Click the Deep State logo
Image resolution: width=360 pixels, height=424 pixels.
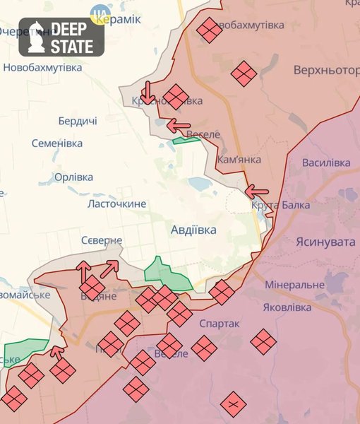pyautogui.click(x=61, y=37)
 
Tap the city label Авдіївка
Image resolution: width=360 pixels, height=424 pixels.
pyautogui.click(x=193, y=230)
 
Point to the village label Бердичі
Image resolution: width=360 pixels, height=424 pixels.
pyautogui.click(x=78, y=121)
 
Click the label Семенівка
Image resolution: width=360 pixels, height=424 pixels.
pyautogui.click(x=57, y=143)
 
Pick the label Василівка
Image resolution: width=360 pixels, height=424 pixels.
pyautogui.click(x=325, y=163)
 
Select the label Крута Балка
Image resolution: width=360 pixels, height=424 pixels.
pyautogui.click(x=274, y=206)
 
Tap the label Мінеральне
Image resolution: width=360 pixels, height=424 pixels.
pyautogui.click(x=294, y=285)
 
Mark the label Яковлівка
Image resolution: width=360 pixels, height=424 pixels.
pyautogui.click(x=286, y=307)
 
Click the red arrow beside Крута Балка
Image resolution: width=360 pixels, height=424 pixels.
pyautogui.click(x=257, y=191)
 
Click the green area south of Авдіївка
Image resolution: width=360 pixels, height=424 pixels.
pyautogui.click(x=167, y=276)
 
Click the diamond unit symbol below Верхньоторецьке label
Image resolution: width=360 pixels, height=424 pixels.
pyautogui.click(x=244, y=73)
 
